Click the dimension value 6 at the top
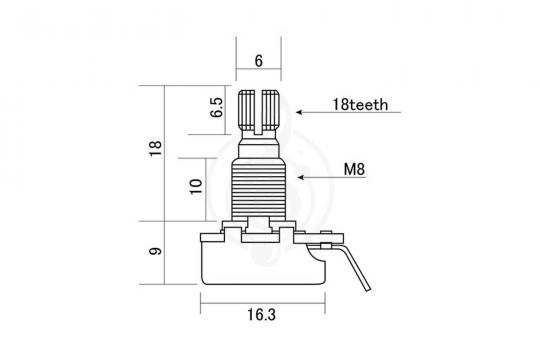point(258,61)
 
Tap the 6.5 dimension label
point(217,107)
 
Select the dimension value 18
point(155,148)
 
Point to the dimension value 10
point(196,186)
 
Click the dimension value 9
point(155,251)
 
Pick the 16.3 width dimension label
point(262,315)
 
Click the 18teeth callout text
point(360,105)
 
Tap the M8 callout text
point(354,169)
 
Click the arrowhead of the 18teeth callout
point(299,112)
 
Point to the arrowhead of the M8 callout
point(301,177)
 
